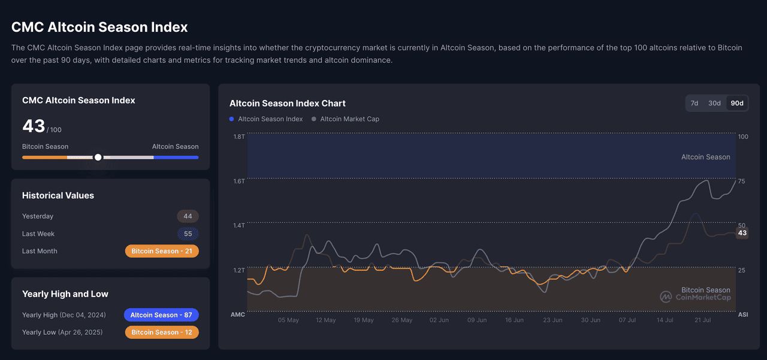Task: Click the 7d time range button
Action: (694, 103)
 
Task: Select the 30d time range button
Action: (714, 103)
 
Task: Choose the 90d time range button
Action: (736, 103)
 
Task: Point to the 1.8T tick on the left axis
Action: (238, 137)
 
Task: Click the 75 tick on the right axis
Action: (741, 181)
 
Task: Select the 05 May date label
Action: (288, 320)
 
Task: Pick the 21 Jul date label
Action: (702, 320)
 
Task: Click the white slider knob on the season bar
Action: (98, 158)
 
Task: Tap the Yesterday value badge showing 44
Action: (188, 216)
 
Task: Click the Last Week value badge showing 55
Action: (188, 234)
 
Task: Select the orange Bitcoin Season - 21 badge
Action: (162, 251)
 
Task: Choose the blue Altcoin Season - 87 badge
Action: (161, 315)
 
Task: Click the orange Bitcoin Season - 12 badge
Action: (162, 332)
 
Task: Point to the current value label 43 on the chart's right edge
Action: (742, 233)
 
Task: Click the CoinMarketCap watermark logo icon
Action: (666, 297)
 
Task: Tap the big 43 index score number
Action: (34, 126)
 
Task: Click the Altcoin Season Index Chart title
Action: (288, 104)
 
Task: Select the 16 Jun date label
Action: (514, 320)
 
